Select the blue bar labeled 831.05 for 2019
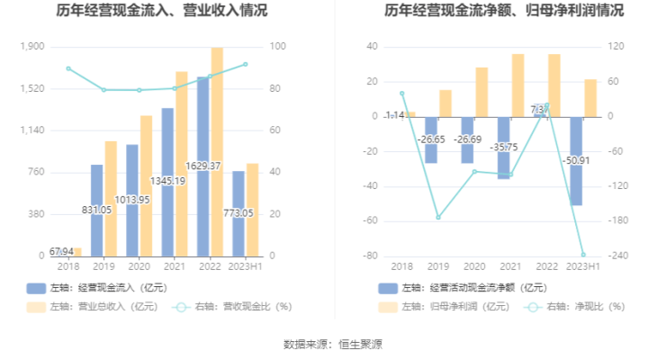(x=97, y=211)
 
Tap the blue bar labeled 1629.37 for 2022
(x=202, y=166)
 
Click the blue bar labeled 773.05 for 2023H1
(x=238, y=214)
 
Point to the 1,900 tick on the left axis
(x=32, y=47)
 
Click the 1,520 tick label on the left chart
(x=32, y=89)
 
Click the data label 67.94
(x=61, y=250)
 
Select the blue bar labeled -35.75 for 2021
(x=504, y=148)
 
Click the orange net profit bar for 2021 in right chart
(x=518, y=85)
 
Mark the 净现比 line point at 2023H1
(x=583, y=255)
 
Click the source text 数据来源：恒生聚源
(x=333, y=344)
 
